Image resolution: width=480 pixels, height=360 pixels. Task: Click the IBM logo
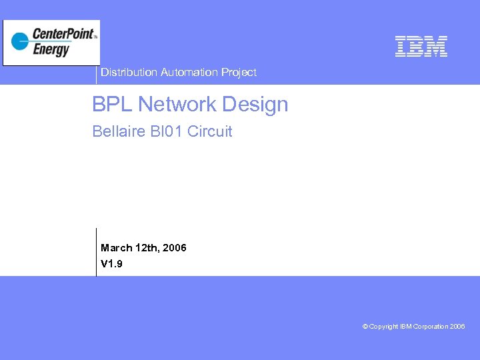click(x=421, y=46)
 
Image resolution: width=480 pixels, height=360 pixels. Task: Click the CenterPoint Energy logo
click(x=51, y=43)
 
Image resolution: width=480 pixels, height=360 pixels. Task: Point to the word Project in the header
click(x=239, y=72)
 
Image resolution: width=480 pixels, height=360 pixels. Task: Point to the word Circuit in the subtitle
click(x=210, y=131)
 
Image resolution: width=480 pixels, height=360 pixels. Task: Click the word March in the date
click(x=116, y=248)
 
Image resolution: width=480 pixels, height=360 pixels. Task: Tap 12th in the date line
click(x=147, y=248)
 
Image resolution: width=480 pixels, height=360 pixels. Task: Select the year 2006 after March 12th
click(x=174, y=248)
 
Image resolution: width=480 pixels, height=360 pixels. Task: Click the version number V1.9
click(x=111, y=265)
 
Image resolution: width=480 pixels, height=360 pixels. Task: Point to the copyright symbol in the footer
click(x=365, y=327)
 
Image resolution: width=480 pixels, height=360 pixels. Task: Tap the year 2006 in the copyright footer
click(x=457, y=327)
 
